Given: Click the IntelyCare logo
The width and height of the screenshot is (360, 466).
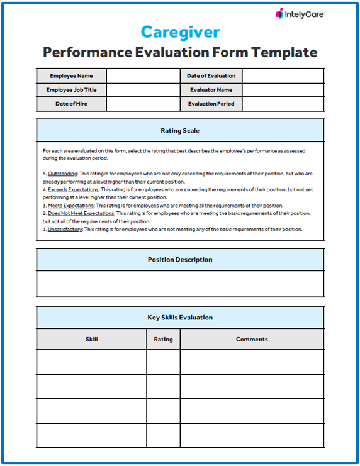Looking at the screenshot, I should pos(300,13).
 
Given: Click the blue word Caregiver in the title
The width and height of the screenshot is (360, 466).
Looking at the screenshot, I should pos(180,32).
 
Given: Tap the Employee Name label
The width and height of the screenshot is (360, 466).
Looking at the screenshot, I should pos(71,76).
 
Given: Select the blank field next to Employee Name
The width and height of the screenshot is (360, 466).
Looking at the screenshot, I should pos(143,76).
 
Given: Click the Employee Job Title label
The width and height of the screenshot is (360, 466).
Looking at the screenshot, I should pos(71,90).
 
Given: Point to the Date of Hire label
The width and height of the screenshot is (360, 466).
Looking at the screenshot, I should pos(71,104).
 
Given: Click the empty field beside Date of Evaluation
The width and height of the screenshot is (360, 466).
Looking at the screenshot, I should pos(283,76).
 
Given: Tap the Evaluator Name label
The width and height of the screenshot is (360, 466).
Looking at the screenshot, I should pos(211,90).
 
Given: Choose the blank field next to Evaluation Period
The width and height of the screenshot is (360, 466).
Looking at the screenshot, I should pos(283,104).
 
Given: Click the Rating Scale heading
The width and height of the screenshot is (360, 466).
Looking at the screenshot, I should pos(180,131).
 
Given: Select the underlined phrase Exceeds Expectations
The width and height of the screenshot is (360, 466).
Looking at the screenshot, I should pos(73,189).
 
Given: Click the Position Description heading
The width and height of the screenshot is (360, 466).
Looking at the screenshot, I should pos(180,260).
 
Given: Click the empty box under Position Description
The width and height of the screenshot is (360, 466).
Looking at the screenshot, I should pos(180,284).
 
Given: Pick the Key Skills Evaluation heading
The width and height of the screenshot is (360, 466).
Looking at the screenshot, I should pos(180,318).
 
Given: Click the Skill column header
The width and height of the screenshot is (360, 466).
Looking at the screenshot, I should pos(91,340).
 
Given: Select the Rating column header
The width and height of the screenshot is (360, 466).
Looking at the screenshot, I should pos(163,340).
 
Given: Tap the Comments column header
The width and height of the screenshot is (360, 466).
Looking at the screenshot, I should pos(252,340).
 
